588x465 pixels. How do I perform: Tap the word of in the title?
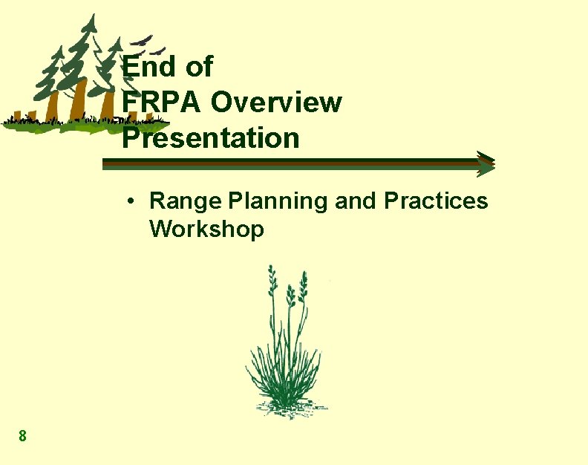[198, 67]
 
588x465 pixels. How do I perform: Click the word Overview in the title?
[276, 103]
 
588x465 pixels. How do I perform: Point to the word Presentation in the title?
[211, 138]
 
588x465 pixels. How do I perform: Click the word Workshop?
[206, 230]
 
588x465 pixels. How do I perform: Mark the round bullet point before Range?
[129, 201]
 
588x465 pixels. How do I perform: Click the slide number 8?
[23, 436]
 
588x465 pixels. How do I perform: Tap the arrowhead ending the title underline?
[486, 164]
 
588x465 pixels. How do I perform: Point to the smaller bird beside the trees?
[160, 51]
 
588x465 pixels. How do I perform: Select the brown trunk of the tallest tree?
[79, 100]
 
